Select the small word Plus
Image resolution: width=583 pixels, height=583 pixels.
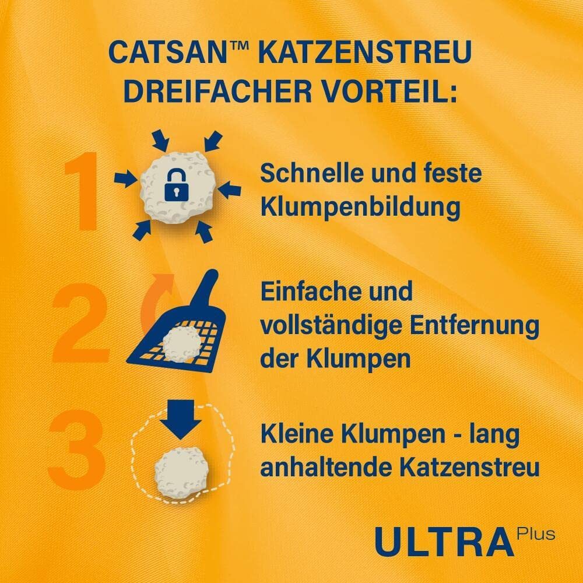536,533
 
